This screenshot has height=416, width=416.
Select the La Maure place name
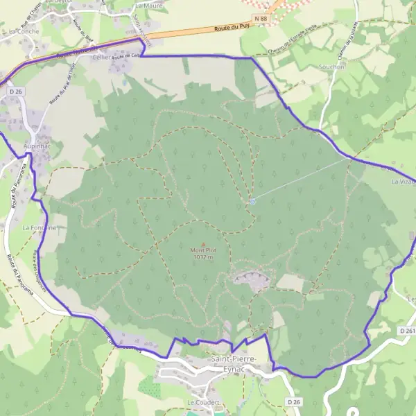(x=146, y=5)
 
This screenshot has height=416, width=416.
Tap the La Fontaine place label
(x=38, y=227)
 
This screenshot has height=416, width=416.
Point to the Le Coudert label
(x=202, y=402)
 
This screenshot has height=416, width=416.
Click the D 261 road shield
(x=407, y=331)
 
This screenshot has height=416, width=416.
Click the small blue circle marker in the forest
(x=252, y=202)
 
